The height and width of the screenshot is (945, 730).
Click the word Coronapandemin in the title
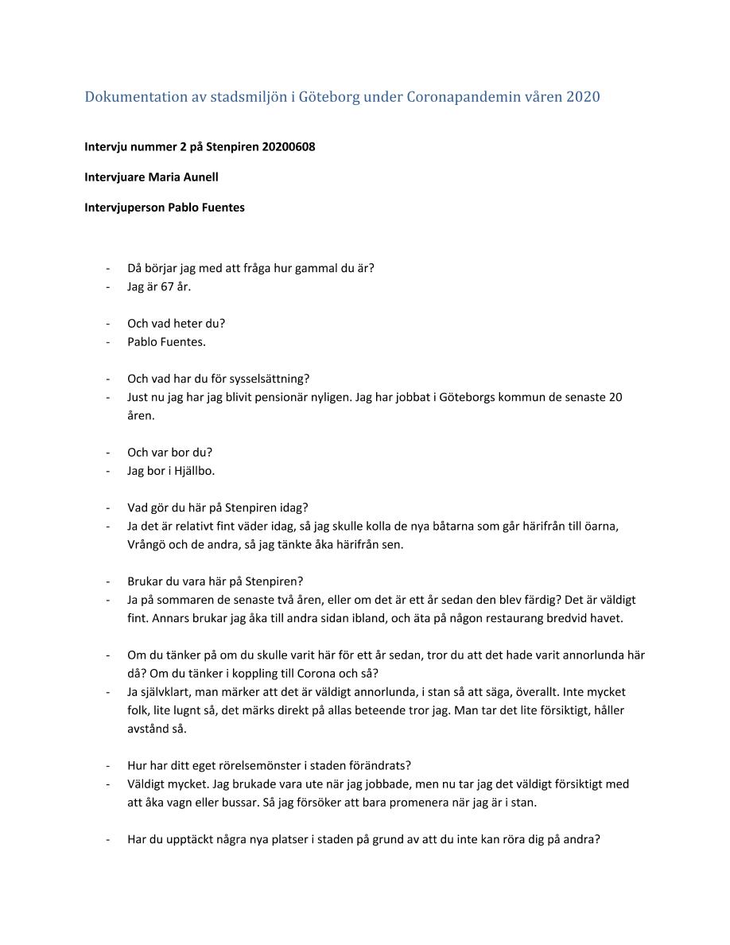[460, 98]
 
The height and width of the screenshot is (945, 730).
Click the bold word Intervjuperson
[124, 208]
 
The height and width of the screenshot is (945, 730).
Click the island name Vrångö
[146, 545]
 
